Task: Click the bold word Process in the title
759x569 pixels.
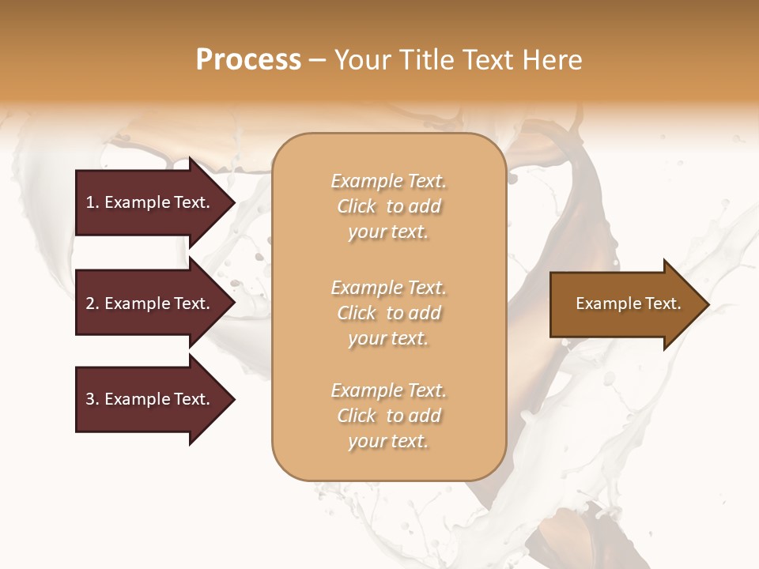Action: tap(248, 60)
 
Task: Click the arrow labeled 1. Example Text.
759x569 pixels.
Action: tap(150, 202)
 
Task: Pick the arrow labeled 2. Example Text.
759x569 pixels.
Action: tap(150, 303)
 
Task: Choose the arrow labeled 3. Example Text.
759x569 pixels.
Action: tap(150, 399)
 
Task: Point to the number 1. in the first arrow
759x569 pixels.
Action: tap(93, 202)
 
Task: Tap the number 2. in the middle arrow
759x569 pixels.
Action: tap(93, 303)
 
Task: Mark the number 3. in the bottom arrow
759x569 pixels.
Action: tap(93, 399)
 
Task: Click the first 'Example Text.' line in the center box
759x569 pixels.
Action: tap(388, 181)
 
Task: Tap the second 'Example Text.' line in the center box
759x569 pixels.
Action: tap(388, 287)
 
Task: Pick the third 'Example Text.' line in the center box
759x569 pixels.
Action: tap(388, 390)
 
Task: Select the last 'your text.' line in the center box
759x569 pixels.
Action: tap(388, 442)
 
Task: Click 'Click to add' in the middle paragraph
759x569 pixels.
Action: tap(388, 313)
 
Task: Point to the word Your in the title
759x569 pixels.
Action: tap(361, 60)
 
